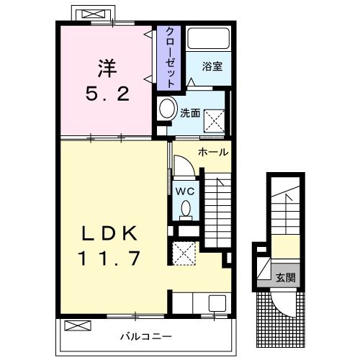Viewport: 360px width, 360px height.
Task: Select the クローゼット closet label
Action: [169, 58]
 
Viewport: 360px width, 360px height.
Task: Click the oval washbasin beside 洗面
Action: [168, 109]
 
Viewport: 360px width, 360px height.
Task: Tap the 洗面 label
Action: [189, 112]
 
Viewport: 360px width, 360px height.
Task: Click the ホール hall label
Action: [213, 152]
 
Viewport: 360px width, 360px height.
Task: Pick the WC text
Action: [184, 191]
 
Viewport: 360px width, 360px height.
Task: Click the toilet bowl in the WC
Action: [184, 210]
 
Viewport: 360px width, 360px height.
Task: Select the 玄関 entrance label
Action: [285, 277]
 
